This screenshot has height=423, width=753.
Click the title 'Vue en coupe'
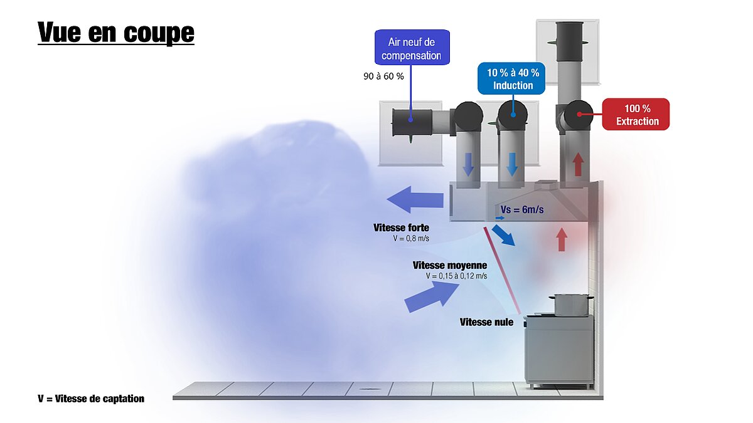[x=116, y=32]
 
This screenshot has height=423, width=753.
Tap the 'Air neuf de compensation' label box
[x=412, y=48]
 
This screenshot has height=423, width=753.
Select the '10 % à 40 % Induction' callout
[x=511, y=78]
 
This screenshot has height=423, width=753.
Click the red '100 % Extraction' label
[x=636, y=114]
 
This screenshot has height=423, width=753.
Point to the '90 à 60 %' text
[x=383, y=76]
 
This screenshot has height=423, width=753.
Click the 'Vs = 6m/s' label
[x=522, y=210]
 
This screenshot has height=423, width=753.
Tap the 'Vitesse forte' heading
[x=402, y=227]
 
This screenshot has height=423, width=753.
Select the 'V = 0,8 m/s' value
[x=411, y=238]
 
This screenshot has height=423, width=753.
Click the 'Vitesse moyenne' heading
[x=450, y=265]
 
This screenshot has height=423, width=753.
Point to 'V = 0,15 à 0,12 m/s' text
[x=456, y=276]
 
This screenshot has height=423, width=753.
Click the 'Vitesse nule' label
[x=486, y=322]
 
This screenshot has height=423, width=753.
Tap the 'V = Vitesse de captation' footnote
[x=91, y=399]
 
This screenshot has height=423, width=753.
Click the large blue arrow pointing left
[x=415, y=200]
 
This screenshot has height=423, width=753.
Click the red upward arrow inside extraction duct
[x=578, y=164]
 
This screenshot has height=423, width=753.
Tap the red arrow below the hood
[x=561, y=239]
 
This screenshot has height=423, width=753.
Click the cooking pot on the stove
[x=570, y=305]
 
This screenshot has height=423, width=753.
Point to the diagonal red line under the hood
[x=502, y=271]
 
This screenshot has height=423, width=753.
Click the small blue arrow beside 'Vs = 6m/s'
[x=500, y=218]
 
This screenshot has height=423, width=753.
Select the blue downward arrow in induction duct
[x=511, y=164]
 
